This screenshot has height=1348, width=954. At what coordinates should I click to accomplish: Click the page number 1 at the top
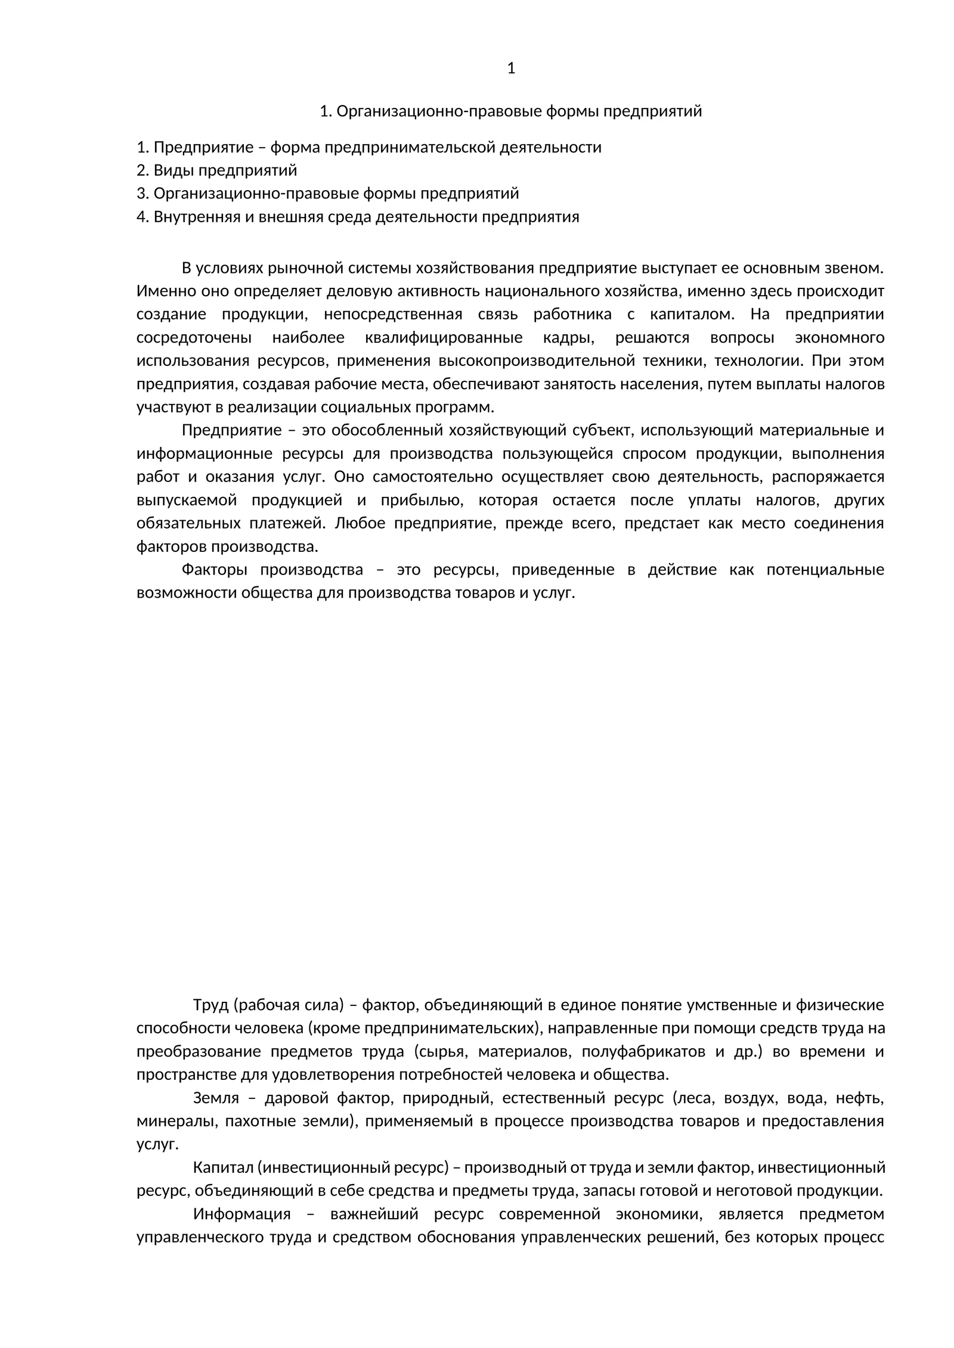(x=510, y=69)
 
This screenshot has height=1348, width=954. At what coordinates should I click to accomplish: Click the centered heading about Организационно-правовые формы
(x=510, y=111)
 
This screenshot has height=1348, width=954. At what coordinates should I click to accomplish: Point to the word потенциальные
(x=825, y=570)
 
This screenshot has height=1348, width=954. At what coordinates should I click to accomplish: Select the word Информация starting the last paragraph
(x=241, y=1214)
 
